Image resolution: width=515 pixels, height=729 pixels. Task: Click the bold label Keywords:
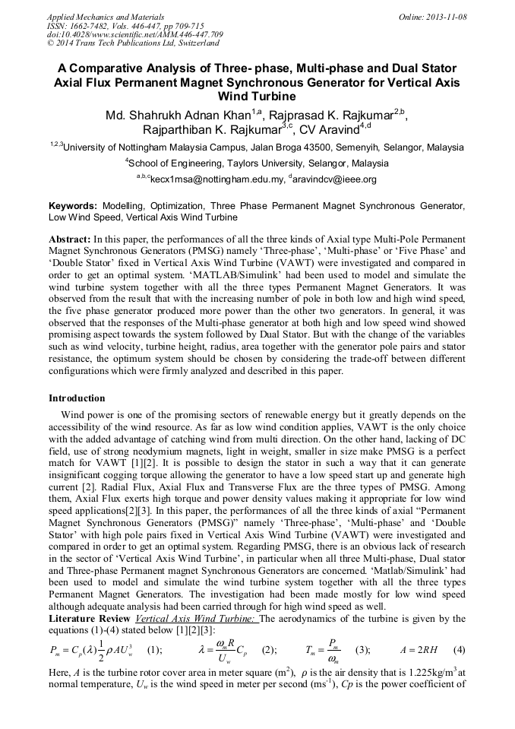(72, 206)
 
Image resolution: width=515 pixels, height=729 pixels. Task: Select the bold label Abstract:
(71, 238)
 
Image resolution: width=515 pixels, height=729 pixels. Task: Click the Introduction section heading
(77, 398)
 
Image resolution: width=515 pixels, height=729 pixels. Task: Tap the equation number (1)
(154, 650)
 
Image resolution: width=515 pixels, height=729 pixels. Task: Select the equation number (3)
(363, 650)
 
